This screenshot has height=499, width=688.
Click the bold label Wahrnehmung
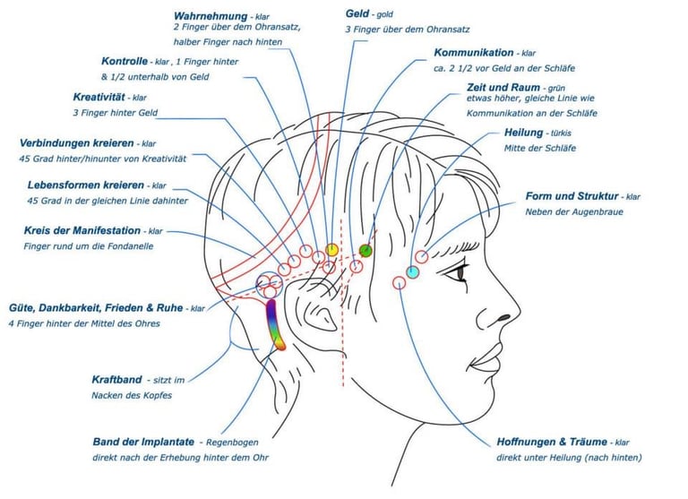coord(211,14)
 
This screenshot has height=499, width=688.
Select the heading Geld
coord(358,13)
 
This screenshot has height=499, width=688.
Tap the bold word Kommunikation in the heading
coord(473,53)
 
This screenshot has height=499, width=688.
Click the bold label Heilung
coord(524,133)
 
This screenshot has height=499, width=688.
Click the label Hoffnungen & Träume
coord(552,442)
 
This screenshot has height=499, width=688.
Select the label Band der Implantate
coord(143,442)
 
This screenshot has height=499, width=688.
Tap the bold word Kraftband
coord(116,379)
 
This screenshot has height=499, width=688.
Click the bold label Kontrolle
coord(125,61)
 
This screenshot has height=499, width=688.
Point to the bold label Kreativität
coord(99,97)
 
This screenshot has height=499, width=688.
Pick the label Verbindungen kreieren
coord(77,142)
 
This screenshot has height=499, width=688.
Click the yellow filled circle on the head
coord(331,250)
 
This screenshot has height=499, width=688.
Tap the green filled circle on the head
coord(365,250)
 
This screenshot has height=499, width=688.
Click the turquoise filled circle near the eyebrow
coord(413,271)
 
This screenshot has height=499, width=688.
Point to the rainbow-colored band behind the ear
coord(274,324)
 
